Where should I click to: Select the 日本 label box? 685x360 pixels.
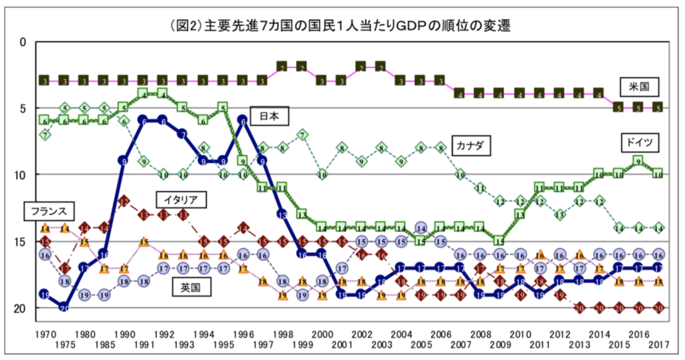270,116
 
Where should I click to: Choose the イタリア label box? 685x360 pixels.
180,199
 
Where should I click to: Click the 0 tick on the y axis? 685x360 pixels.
23,42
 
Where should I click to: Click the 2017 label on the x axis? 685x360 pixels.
658,345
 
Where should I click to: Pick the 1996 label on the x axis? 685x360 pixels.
242,334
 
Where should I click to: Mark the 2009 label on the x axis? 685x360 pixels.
500,345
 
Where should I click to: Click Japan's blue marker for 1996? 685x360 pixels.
242,121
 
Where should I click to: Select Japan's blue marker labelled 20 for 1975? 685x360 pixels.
64,308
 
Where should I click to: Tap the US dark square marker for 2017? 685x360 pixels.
658,108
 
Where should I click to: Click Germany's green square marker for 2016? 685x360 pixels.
638,161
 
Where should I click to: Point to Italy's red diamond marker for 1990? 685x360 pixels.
124,201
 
